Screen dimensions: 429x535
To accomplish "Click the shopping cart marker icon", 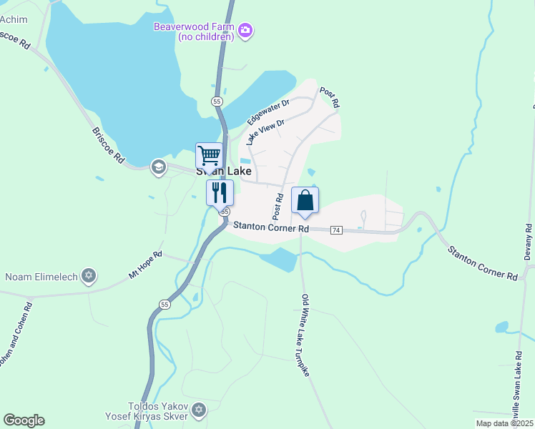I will click(209, 155).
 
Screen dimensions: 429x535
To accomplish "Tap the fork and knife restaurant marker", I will click(220, 192).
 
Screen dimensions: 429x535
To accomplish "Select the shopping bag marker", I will click(305, 200).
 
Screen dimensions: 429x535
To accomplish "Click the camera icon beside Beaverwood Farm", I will click(246, 29).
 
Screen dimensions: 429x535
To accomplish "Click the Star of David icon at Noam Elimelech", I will click(89, 275).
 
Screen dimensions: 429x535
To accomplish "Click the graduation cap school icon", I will click(157, 167).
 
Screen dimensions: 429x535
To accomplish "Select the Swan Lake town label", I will click(223, 172).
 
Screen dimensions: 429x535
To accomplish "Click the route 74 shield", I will click(337, 230).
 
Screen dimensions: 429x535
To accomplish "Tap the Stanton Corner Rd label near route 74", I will click(270, 227).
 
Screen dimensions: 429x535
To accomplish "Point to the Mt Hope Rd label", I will click(145, 264).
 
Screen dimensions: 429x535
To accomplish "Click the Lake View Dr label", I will click(265, 132).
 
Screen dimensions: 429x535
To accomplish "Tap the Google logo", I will click(24, 420).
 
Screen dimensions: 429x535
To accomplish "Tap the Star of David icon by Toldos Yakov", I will click(199, 410).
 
